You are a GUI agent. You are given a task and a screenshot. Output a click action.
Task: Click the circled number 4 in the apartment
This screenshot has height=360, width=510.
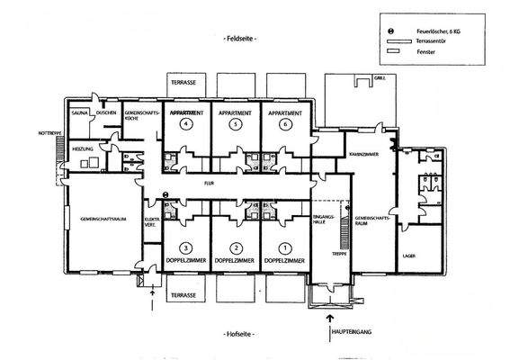185,125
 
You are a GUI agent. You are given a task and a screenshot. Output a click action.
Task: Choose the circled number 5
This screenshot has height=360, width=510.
235,125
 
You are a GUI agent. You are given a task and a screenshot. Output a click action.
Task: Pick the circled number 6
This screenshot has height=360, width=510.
285,125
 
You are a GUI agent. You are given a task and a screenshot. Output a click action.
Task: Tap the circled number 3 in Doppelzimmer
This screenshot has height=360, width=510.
185,247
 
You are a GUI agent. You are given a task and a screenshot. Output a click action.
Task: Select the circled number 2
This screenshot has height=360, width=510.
235,247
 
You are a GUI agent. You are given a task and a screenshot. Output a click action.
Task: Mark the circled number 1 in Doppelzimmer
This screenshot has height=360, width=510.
285,247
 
